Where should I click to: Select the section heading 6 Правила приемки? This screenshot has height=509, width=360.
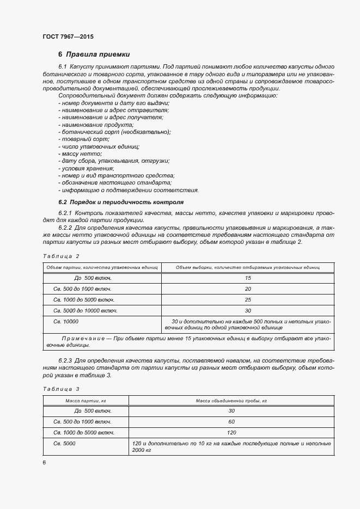tap(94, 54)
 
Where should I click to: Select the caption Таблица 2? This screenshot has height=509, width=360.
tap(60, 256)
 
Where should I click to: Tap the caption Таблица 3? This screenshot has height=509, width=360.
tap(60, 389)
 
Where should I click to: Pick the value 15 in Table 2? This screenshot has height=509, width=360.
tap(248, 278)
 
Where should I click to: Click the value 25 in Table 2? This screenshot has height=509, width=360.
tap(248, 300)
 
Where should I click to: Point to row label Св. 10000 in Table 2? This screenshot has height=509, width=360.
tap(66, 322)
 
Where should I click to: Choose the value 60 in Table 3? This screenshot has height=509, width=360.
tap(231, 421)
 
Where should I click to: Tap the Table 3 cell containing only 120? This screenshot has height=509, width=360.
tap(231, 432)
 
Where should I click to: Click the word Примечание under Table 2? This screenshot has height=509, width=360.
tap(82, 339)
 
